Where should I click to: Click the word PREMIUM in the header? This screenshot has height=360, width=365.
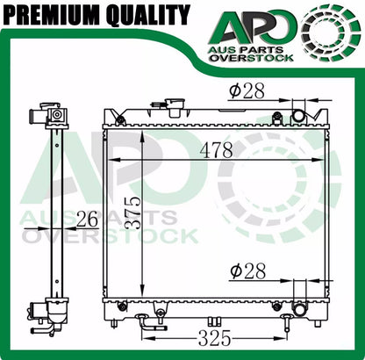(x=53, y=14)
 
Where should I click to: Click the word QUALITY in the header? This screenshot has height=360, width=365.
(x=148, y=15)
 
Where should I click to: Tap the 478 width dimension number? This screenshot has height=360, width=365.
(x=216, y=150)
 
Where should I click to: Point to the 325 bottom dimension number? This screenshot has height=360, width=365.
(x=214, y=339)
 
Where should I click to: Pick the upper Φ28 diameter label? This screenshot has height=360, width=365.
(x=247, y=90)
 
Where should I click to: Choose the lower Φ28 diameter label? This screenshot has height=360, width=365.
(x=248, y=270)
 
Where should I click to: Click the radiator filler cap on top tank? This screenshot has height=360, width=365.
(x=174, y=106)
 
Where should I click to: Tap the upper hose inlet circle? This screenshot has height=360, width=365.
(x=298, y=116)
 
